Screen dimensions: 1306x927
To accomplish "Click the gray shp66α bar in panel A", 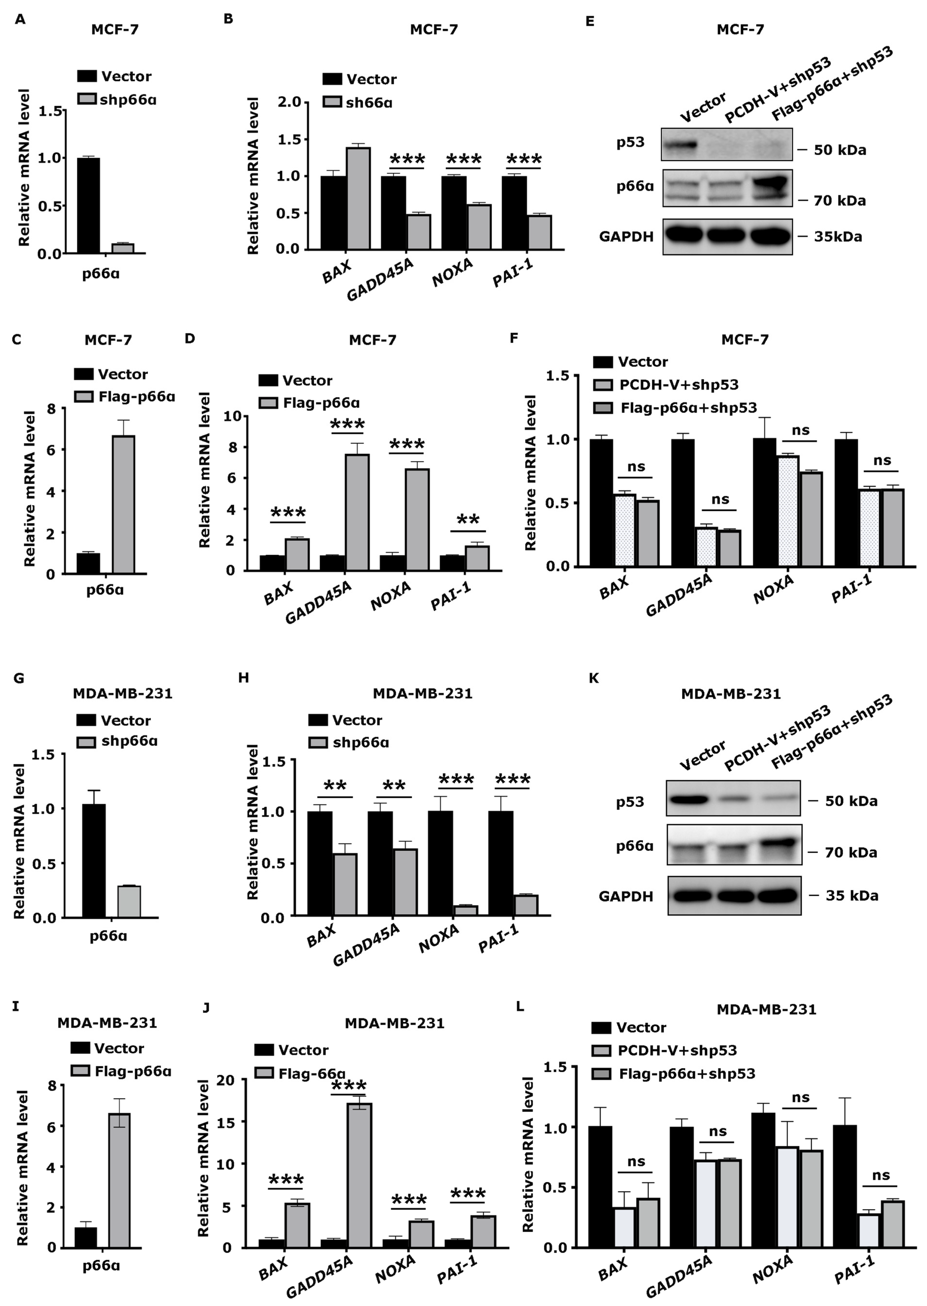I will coord(123,248).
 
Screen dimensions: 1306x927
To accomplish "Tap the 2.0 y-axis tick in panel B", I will coord(288,102).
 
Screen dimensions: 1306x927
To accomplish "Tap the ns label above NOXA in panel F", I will coord(800,430).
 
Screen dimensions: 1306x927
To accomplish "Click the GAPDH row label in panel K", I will coord(626,896).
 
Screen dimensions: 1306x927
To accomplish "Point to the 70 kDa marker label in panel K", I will coord(850,853).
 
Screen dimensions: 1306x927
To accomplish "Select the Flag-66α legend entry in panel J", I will coord(311,1073).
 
